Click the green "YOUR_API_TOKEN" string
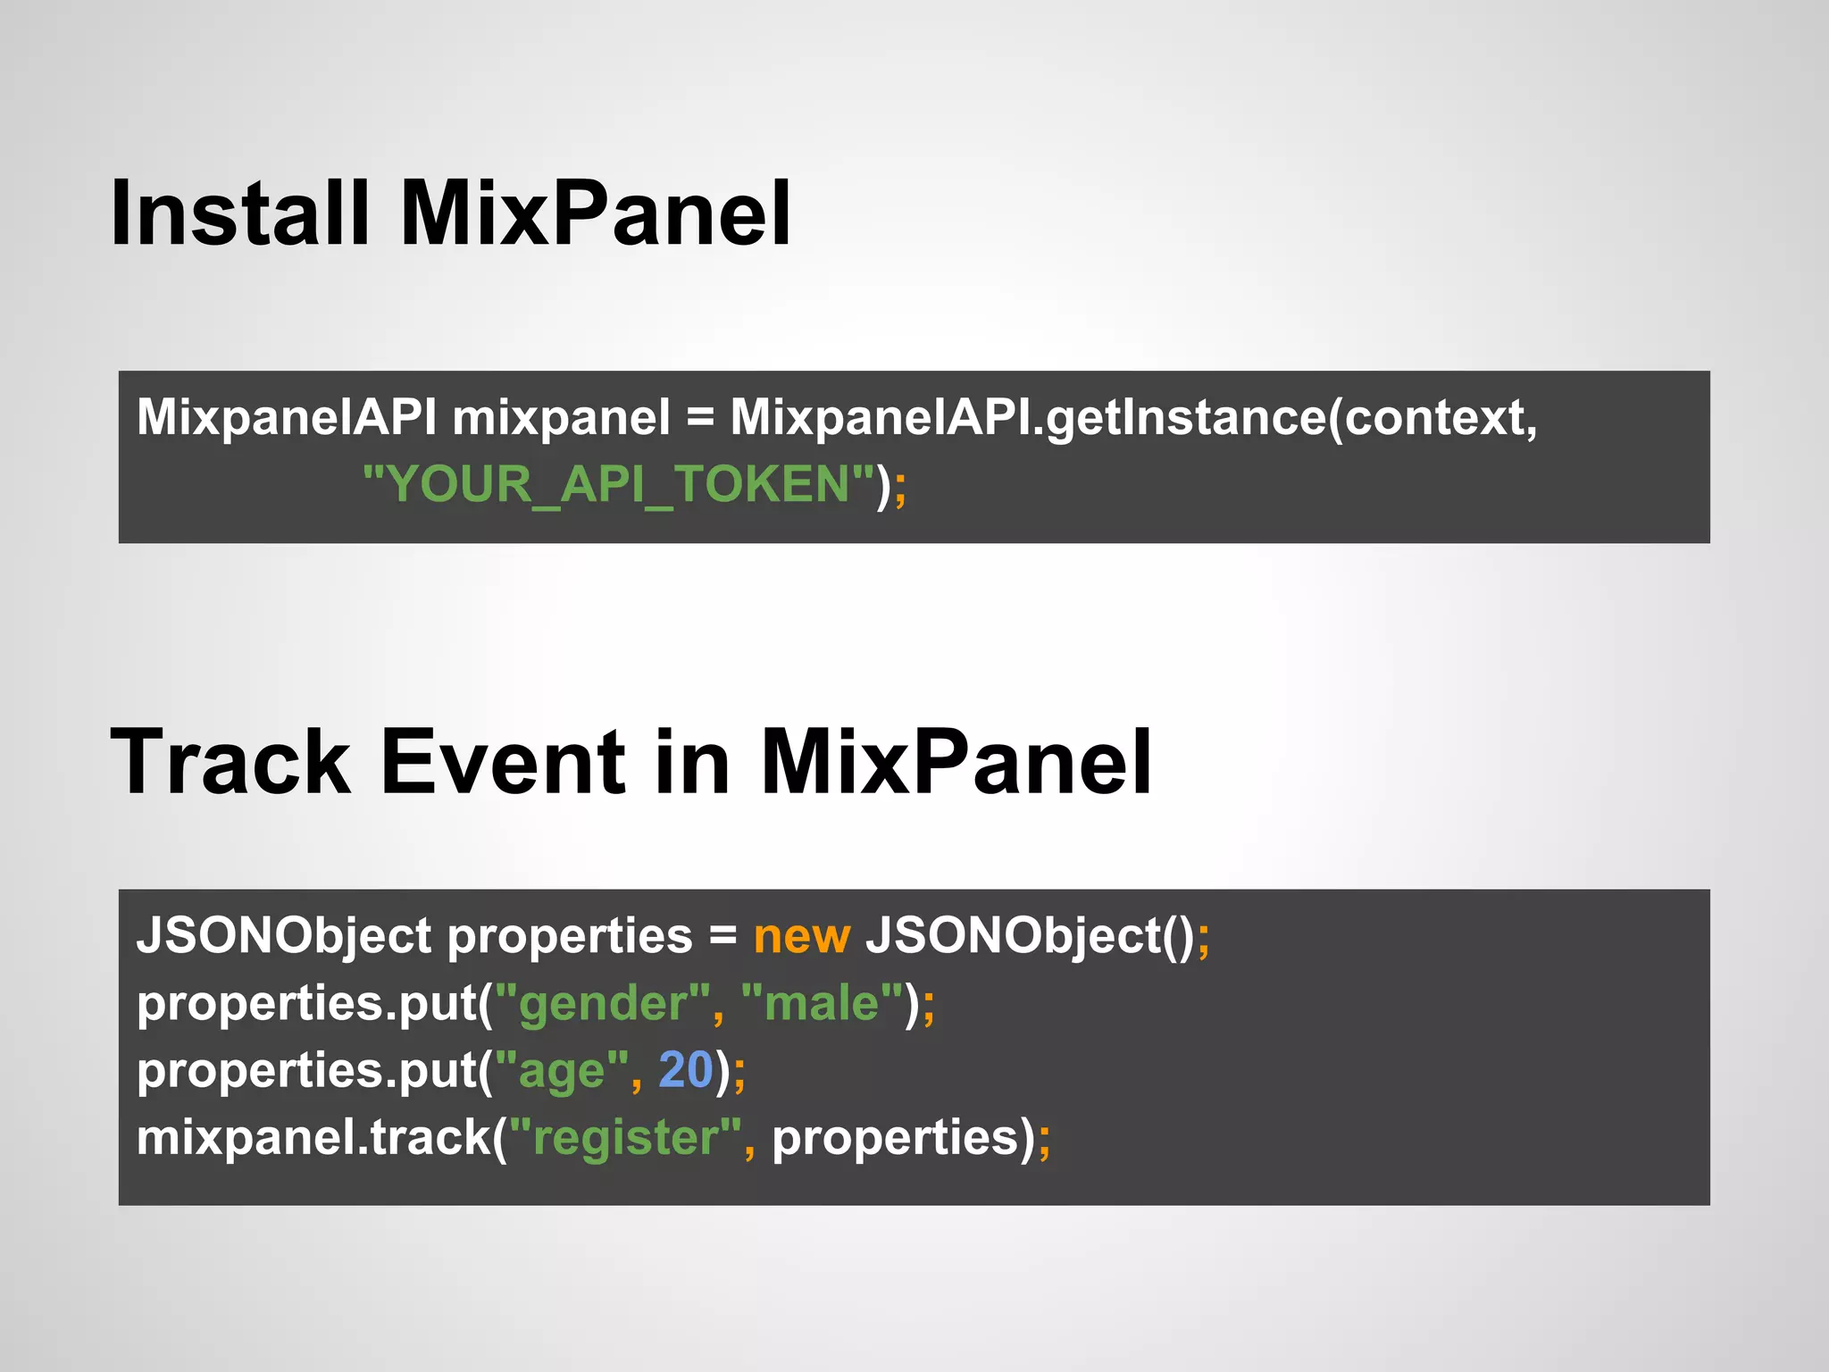(618, 485)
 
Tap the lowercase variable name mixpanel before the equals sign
(561, 417)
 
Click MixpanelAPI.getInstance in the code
(1027, 417)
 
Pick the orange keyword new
(801, 937)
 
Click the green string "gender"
(602, 1004)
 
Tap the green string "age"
(562, 1071)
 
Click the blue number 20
(685, 1070)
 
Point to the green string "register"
(625, 1138)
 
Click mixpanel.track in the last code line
(313, 1138)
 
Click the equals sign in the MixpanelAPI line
(700, 418)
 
